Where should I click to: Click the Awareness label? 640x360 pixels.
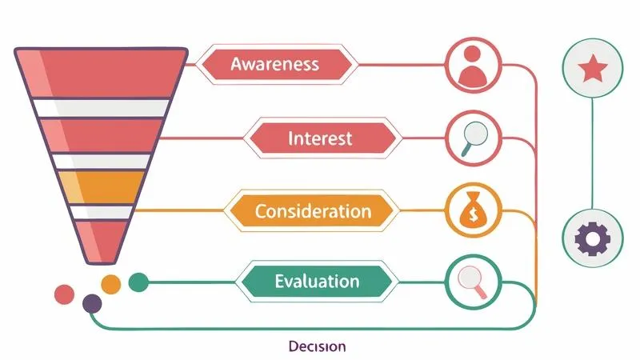coord(274,64)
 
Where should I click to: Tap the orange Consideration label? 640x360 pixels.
coord(312,211)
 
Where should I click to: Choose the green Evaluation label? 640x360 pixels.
coord(317,282)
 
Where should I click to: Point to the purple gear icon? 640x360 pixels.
coord(593,238)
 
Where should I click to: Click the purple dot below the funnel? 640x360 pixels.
coord(92,303)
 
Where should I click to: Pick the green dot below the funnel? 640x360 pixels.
coord(138,282)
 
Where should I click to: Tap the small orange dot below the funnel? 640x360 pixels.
coord(111,282)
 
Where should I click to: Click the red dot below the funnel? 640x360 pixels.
coord(63,294)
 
